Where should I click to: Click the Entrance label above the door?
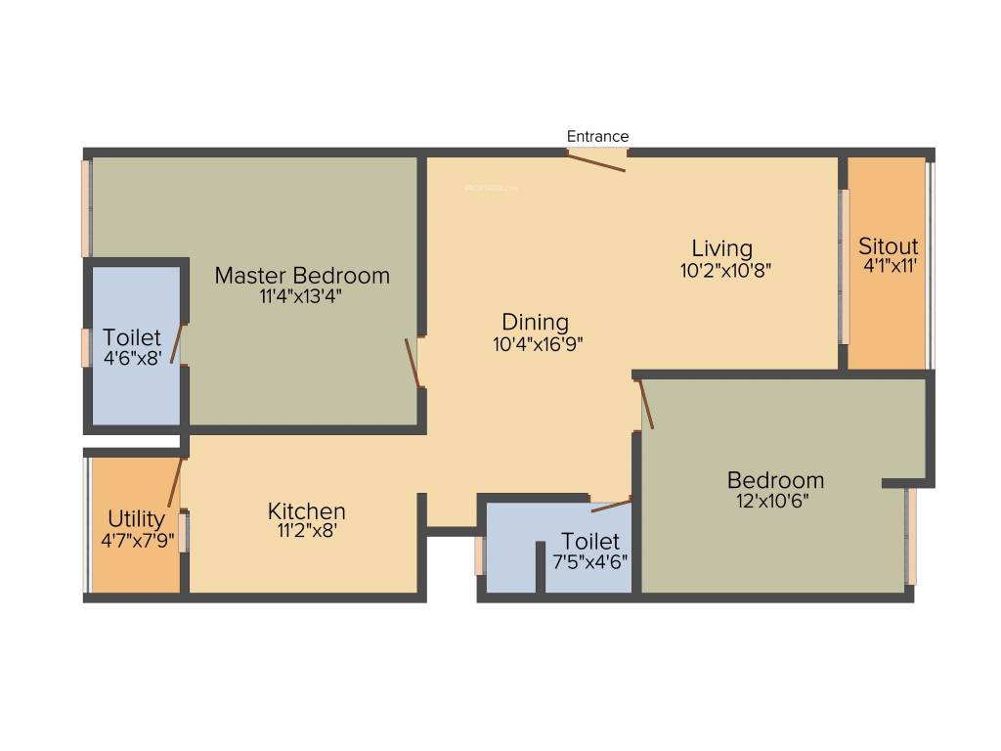[597, 137]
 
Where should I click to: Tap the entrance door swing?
[597, 161]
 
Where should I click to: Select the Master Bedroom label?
[302, 275]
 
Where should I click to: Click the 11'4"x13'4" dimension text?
[300, 295]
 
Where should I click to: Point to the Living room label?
[722, 247]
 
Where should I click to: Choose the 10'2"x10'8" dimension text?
[726, 270]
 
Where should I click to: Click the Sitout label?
[888, 245]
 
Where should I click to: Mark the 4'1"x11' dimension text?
[889, 265]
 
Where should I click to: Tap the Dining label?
[535, 322]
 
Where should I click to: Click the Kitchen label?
[306, 511]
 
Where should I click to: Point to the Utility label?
[136, 518]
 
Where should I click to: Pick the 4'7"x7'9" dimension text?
[137, 539]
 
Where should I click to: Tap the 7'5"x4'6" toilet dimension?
[589, 561]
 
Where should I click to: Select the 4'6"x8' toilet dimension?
[134, 358]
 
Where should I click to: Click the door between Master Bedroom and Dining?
[413, 362]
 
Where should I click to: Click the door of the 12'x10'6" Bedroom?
[645, 404]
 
